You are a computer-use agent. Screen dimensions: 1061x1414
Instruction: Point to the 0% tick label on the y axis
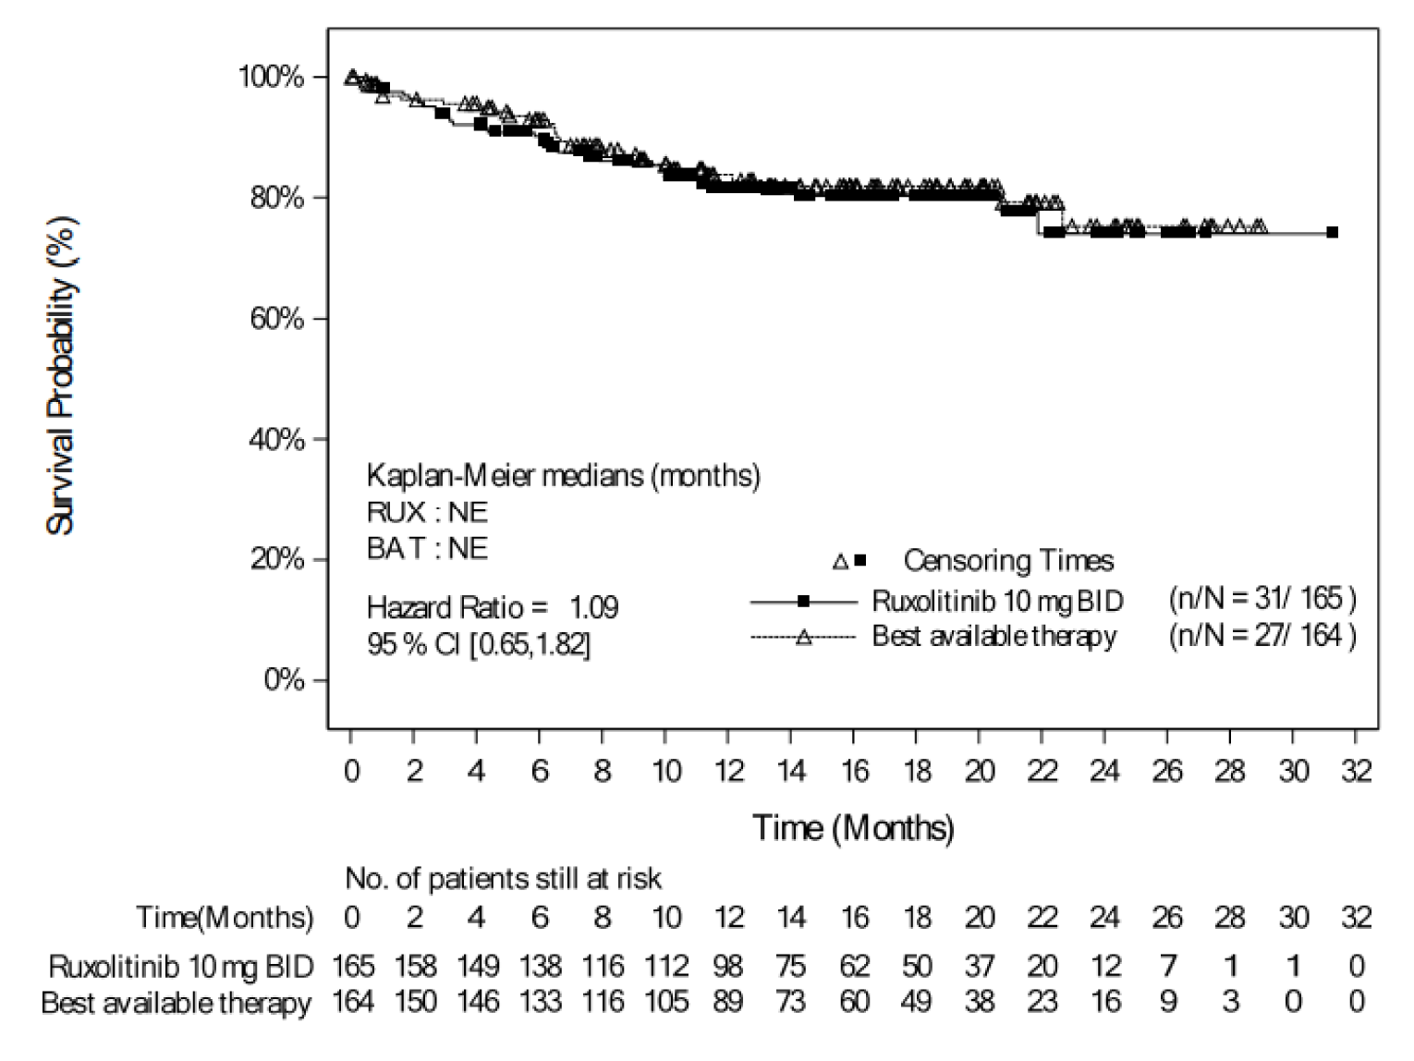coord(283,680)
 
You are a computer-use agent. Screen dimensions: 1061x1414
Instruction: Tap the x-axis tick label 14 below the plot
coord(790,770)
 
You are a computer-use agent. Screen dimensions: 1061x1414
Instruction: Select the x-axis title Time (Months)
coord(852,827)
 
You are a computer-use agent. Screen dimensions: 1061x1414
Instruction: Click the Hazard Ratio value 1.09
coord(593,607)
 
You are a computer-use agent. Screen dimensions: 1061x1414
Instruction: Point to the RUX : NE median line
coord(427,512)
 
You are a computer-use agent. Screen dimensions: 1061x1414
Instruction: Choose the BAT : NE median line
coord(427,548)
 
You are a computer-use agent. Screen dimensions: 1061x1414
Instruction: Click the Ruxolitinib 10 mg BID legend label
coord(997,601)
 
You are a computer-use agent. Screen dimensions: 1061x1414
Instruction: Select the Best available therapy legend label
coord(993,637)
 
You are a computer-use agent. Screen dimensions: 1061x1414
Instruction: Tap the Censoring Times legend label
coord(1008,561)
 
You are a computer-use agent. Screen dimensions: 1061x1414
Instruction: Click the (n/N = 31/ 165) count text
coord(1262,599)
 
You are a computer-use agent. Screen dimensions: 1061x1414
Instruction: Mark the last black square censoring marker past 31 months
coord(1333,233)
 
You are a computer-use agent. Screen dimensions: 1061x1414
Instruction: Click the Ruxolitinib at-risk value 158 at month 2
coord(415,966)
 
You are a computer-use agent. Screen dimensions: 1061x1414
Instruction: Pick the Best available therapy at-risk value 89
coord(728,1001)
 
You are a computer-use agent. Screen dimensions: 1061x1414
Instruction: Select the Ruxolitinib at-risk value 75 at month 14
coord(791,966)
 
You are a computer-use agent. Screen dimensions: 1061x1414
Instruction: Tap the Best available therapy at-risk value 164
coord(353,1001)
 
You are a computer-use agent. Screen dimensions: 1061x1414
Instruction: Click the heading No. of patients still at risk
coord(503,877)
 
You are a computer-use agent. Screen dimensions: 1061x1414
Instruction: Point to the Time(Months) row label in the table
coord(225,918)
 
